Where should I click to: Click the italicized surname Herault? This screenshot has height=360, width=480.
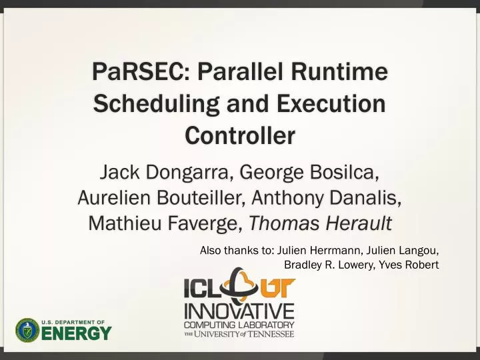pyautogui.click(x=353, y=223)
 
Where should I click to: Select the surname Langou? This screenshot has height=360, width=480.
pyautogui.click(x=416, y=251)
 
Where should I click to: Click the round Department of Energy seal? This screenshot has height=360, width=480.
pyautogui.click(x=27, y=330)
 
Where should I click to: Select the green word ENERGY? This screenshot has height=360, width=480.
pyautogui.click(x=77, y=333)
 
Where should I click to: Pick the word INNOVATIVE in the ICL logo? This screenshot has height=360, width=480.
pyautogui.click(x=239, y=311)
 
